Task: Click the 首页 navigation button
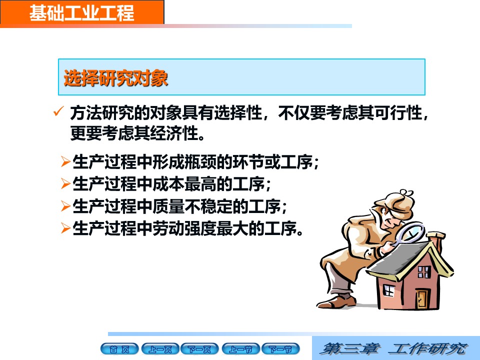pos(119,349)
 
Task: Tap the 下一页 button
pos(199,349)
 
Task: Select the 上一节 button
pos(240,349)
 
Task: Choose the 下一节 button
pos(280,349)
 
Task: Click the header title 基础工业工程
pos(81,13)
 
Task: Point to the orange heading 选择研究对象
pos(115,78)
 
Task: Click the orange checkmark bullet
pos(58,111)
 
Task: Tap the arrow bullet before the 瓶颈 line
pos(66,161)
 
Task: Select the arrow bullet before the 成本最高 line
pos(66,183)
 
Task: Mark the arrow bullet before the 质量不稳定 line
pos(66,205)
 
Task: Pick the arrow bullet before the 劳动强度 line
pos(66,228)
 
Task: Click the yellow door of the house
pos(422,298)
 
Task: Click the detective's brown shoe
pos(336,302)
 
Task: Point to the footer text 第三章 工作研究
pos(393,348)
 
